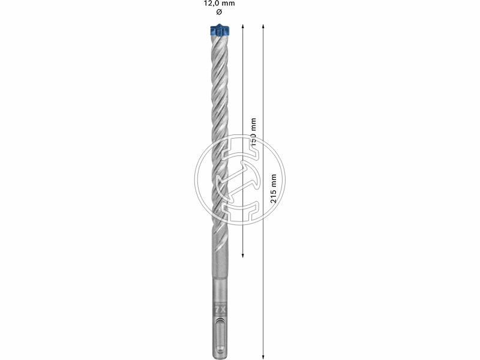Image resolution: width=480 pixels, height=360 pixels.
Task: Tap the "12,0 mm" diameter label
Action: coord(218,4)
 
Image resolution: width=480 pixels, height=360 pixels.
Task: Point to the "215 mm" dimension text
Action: coord(274,189)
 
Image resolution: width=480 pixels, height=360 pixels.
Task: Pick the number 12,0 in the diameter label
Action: coord(212,4)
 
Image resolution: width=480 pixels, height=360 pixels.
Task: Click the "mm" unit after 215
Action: coord(274,179)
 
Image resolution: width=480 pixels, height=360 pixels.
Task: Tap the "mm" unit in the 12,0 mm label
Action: coord(229,4)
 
